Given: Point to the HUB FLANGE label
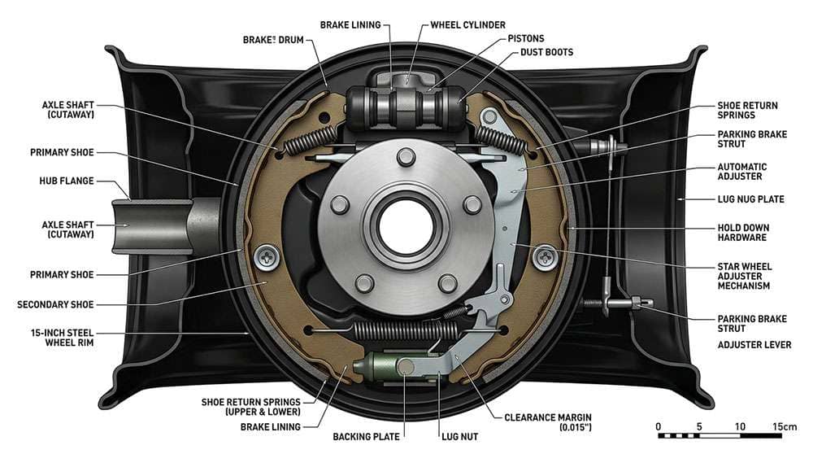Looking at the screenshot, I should pyautogui.click(x=67, y=181).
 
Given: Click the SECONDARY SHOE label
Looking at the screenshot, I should pyautogui.click(x=55, y=304).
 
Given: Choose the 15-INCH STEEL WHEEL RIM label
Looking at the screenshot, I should pyautogui.click(x=54, y=337).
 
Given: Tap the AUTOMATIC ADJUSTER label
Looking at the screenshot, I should pyautogui.click(x=741, y=172).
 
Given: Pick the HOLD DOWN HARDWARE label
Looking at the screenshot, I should pyautogui.click(x=742, y=233).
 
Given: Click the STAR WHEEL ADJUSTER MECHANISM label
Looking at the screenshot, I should pyautogui.click(x=744, y=276).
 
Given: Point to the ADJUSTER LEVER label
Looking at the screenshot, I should pyautogui.click(x=754, y=344).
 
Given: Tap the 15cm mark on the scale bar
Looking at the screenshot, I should pyautogui.click(x=785, y=426).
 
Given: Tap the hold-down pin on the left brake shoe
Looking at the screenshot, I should pyautogui.click(x=267, y=258).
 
